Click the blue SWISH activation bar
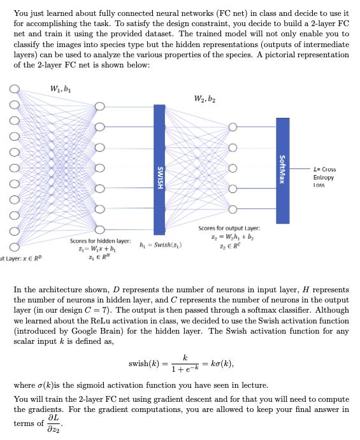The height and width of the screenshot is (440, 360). coord(159,169)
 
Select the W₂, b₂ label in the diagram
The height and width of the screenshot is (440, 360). coord(204,97)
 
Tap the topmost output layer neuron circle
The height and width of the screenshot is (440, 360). coord(233,127)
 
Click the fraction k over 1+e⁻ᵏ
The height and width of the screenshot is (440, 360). coord(185,363)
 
